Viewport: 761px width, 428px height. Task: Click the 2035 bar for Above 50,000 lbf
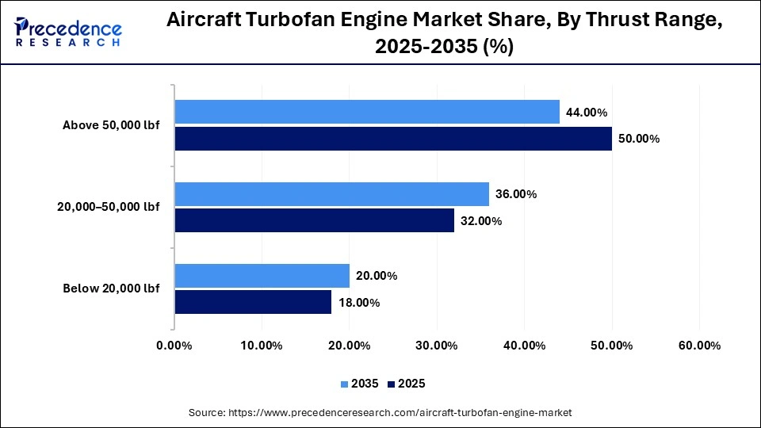tap(367, 112)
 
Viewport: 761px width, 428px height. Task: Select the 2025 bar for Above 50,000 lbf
tap(393, 139)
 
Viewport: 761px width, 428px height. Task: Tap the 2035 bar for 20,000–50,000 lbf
tap(332, 194)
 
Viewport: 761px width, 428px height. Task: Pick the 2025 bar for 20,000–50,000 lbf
tap(315, 220)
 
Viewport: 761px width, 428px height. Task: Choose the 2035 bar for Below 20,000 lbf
tap(262, 276)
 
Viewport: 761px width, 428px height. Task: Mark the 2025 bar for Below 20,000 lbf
tap(254, 302)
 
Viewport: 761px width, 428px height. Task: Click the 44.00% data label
tap(586, 113)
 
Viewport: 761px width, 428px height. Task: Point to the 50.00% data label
tap(638, 139)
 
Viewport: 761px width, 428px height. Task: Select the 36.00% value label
tap(516, 194)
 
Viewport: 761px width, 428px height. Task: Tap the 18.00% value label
tap(358, 303)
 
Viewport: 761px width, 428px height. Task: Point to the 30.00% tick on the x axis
tap(437, 346)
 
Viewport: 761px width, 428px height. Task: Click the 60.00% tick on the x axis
tap(699, 346)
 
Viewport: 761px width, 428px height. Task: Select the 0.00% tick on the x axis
tap(174, 346)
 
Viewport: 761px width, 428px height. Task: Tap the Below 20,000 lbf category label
tap(111, 289)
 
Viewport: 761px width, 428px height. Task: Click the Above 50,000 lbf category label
tap(111, 125)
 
